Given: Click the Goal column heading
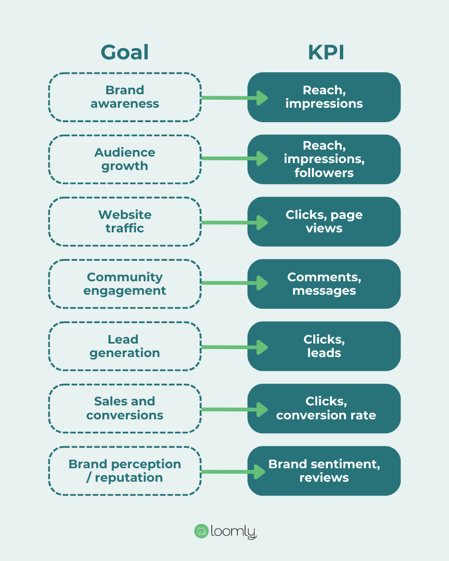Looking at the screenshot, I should pos(125,52).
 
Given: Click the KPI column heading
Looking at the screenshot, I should pos(326,52).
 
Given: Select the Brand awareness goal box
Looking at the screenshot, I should pos(125,97).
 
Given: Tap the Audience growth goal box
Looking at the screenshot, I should pos(125,159).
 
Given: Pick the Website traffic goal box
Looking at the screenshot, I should pos(125,221).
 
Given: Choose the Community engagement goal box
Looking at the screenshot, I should pos(125,284).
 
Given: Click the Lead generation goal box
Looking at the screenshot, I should pos(125,346).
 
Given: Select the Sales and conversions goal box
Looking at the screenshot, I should pos(125,408).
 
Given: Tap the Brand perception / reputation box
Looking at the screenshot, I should pos(125,471).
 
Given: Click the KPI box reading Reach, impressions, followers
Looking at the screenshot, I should pos(324,159).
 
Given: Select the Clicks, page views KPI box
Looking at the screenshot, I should pos(324,221).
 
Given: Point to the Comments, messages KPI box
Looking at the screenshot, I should pos(324,284).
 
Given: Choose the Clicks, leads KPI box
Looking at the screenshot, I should pos(324,346).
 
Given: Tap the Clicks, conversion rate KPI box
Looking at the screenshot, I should pos(324,408).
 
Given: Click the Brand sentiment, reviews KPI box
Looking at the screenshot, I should pos(324,471).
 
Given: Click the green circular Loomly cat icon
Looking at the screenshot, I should pos(201,531).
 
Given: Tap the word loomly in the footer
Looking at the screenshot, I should pos(233,532).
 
